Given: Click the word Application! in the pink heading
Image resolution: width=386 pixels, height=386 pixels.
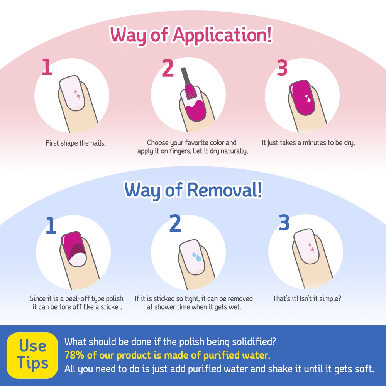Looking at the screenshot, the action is pos(222,35).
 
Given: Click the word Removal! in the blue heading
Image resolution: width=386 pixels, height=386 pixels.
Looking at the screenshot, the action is pos(225,190).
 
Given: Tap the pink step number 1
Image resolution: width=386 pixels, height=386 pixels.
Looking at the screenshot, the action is pos(47,67).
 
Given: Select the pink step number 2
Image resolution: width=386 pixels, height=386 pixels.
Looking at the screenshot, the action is pos(168,68).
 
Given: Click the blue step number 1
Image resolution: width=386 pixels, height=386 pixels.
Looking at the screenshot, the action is pos(51,225).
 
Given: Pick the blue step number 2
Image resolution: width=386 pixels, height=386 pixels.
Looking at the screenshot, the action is pos(175,223).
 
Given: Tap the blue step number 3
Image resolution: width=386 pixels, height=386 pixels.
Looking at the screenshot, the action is pos(284,222).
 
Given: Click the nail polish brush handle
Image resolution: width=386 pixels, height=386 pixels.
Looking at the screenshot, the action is pos(185,76).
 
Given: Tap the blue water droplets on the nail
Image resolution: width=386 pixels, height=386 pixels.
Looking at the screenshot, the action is pos(197,257).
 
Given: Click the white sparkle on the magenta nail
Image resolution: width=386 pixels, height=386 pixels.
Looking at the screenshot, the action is pos(308,99).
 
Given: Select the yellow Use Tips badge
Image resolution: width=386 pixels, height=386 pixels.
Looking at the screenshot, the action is pos(32,355).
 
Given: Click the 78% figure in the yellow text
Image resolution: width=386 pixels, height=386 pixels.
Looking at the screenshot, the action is pos(74,355).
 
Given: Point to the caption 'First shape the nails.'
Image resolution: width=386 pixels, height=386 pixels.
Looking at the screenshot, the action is pos(76,143).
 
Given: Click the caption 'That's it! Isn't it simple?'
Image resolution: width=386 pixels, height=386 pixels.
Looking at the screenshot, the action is pos(307,299).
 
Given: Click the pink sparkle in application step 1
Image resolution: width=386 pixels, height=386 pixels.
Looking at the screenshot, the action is pos(77,95).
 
